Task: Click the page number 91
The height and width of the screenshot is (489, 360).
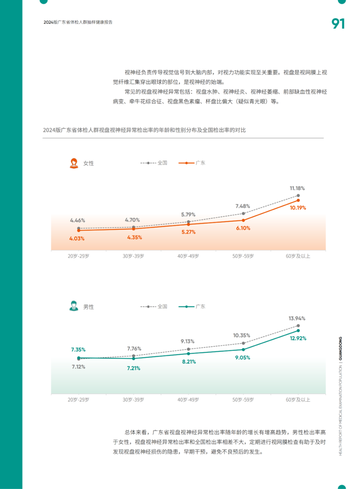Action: (x=338, y=24)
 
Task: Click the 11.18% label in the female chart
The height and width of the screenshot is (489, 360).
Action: (x=297, y=188)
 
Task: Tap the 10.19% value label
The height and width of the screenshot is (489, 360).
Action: (x=298, y=208)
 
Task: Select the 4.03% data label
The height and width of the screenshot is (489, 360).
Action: (x=77, y=238)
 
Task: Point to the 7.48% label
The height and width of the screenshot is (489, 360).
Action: (x=243, y=206)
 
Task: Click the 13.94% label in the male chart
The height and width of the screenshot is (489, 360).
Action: (x=297, y=318)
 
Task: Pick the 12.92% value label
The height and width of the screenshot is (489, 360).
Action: (x=298, y=338)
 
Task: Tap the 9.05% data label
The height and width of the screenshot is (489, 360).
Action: (x=242, y=357)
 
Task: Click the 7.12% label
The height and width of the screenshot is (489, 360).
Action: (x=78, y=367)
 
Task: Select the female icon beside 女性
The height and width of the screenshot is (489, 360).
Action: (x=74, y=163)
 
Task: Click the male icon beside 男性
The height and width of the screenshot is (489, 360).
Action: (x=74, y=306)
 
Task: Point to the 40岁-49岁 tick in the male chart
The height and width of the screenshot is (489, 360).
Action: (x=188, y=399)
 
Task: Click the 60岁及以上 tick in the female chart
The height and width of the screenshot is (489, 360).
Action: (x=298, y=256)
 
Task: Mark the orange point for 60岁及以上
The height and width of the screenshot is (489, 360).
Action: (x=298, y=200)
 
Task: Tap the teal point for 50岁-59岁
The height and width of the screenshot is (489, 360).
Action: (x=243, y=349)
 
